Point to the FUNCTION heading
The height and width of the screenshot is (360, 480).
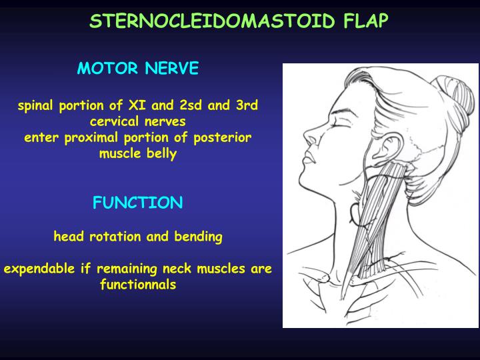coord(137,203)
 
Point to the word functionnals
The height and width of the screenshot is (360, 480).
coord(137,285)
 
